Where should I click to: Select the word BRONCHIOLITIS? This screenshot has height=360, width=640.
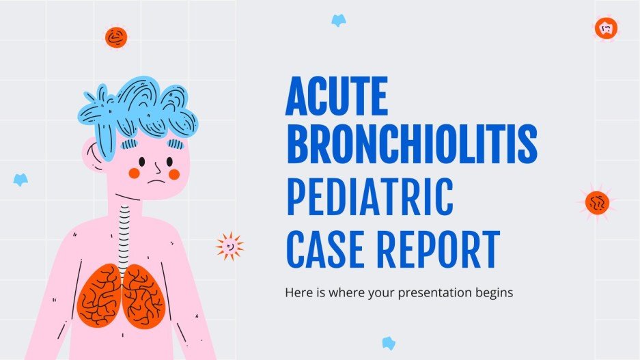pyautogui.click(x=411, y=144)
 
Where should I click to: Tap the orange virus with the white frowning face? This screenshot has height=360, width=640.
pyautogui.click(x=606, y=28)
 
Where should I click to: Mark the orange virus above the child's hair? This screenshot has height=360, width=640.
pyautogui.click(x=116, y=37)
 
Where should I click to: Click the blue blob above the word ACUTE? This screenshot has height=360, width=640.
pyautogui.click(x=338, y=20)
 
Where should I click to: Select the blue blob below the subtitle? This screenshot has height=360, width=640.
pyautogui.click(x=389, y=343)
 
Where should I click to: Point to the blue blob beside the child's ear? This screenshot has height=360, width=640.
pyautogui.click(x=20, y=180)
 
